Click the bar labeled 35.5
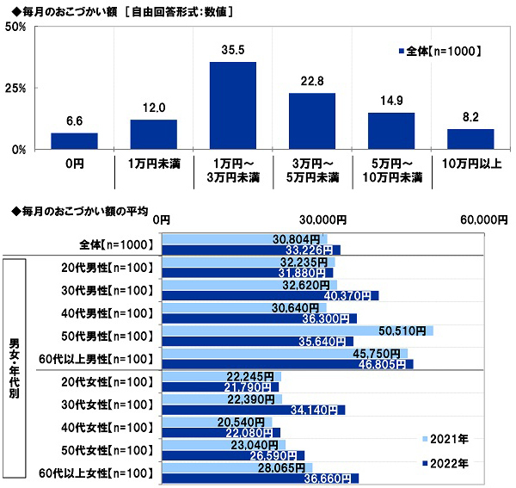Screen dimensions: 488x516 (x=233, y=105)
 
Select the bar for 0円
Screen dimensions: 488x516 (x=74, y=140)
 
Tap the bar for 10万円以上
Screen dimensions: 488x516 (x=470, y=139)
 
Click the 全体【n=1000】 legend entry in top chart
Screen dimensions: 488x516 (x=439, y=51)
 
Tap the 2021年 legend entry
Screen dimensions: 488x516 (x=447, y=439)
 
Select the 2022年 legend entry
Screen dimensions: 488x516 (x=447, y=463)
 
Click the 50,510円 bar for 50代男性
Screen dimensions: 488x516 (x=298, y=330)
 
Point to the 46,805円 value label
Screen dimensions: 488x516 (x=372, y=364)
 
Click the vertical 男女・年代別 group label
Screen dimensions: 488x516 (x=16, y=370)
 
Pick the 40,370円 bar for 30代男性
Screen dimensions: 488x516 (x=271, y=295)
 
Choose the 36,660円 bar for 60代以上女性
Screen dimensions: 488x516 (x=261, y=479)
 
